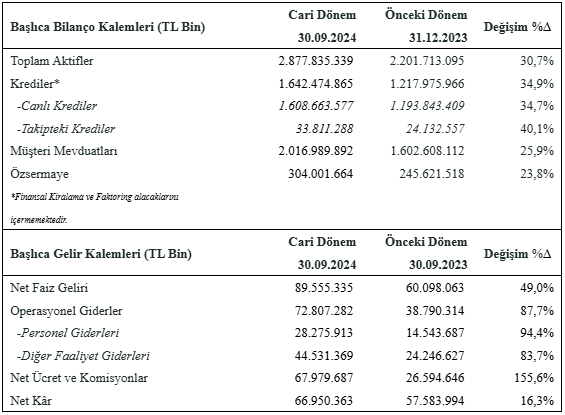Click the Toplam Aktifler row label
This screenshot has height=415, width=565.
[x=52, y=61]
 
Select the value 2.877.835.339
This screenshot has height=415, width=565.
[x=316, y=61]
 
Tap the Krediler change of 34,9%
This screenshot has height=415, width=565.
[x=537, y=84]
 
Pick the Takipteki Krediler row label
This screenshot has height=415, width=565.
[x=66, y=129]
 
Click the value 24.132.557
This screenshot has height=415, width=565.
[x=435, y=129]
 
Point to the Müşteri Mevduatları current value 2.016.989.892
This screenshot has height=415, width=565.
[x=316, y=151]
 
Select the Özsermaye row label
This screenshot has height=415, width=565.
[x=39, y=174]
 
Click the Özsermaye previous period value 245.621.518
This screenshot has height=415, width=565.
[x=432, y=174]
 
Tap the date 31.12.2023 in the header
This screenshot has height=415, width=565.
[x=438, y=37]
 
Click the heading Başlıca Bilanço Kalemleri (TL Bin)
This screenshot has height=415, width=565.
[x=108, y=27]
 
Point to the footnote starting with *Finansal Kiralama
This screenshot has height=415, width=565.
[x=94, y=208]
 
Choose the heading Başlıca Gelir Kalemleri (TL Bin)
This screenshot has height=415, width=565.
[x=101, y=254]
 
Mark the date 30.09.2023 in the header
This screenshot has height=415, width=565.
[x=438, y=264]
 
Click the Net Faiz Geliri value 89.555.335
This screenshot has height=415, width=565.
[x=324, y=288]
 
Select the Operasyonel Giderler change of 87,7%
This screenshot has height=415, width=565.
[x=537, y=311]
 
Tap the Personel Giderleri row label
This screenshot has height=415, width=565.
[x=68, y=333]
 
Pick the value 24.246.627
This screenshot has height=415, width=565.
[x=435, y=356]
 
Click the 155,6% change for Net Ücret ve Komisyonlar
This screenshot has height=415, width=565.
[x=534, y=378]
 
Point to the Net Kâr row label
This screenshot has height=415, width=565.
[x=31, y=401]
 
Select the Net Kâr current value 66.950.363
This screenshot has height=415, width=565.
[x=324, y=401]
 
